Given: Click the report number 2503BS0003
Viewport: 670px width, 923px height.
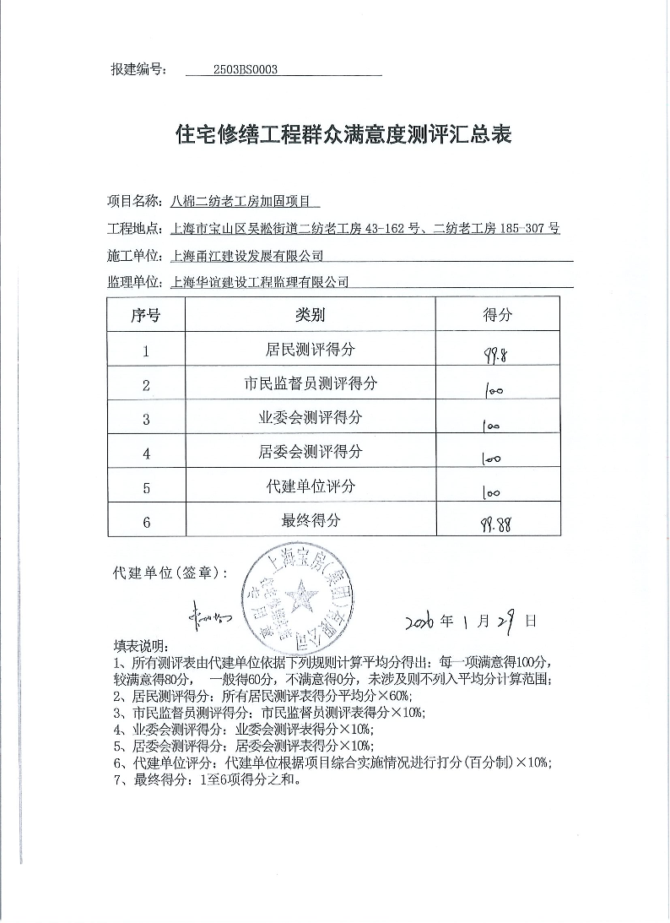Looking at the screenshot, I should coord(246,71).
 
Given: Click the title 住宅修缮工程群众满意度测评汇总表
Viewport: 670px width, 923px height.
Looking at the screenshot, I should coord(343,134).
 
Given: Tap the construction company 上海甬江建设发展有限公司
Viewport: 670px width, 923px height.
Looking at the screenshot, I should coord(247,255).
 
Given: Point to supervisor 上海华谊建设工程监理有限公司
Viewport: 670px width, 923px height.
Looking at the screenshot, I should coord(259,282).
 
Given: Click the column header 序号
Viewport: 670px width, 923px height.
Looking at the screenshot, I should coord(146,315).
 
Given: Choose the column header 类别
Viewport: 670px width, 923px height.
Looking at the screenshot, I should coord(310,315).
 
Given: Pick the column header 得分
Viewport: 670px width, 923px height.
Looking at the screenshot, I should coord(497,315).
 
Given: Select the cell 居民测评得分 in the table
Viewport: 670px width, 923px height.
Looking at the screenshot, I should coord(310,349).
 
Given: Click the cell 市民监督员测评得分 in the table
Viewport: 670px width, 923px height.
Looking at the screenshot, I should coord(310,383).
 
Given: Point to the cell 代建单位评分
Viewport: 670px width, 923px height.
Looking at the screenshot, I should coord(310,486).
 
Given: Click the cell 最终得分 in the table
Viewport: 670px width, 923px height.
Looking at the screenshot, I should coord(310,521).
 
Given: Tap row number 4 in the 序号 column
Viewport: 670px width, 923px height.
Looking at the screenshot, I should coord(146,453).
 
